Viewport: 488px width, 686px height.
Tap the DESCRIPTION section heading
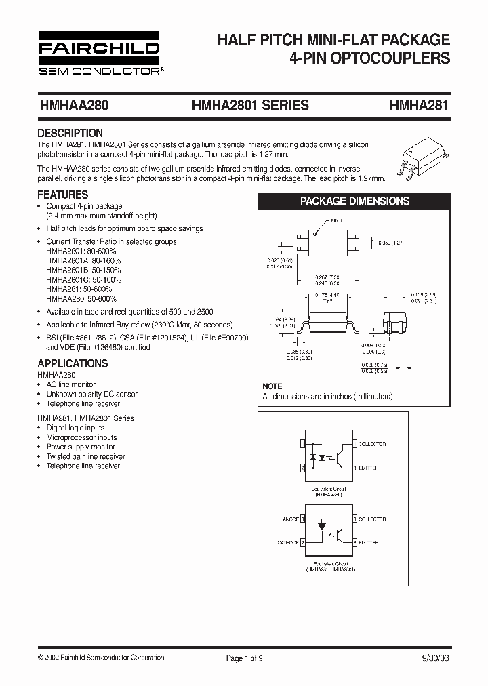[70, 133]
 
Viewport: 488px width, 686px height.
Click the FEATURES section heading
[64, 195]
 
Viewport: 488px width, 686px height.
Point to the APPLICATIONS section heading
[73, 363]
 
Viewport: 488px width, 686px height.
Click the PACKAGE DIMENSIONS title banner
[354, 201]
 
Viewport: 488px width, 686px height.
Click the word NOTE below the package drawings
[272, 386]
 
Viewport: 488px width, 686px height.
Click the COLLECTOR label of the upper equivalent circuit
[371, 443]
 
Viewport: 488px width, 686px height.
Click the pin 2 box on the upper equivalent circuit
[302, 468]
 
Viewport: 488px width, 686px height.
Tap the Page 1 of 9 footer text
[245, 658]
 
